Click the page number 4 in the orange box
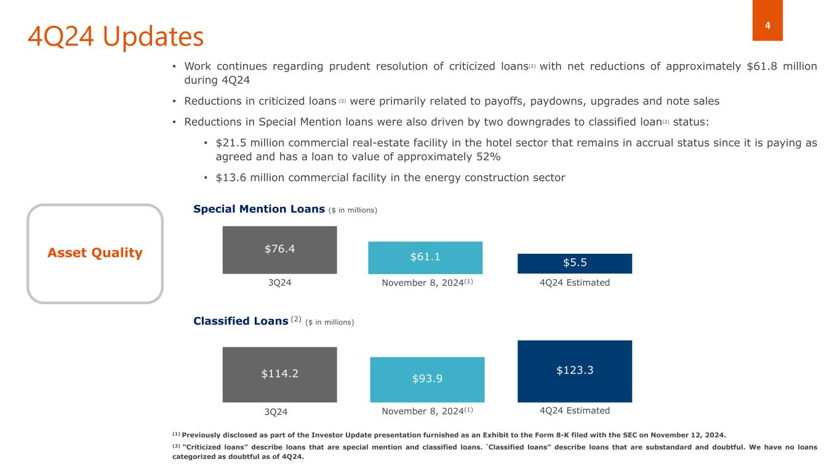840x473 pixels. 767,25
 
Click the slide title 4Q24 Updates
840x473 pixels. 116,37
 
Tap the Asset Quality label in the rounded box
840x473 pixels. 95,253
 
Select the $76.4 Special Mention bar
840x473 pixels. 279,249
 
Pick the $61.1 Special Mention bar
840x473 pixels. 425,257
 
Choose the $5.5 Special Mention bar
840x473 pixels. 574,263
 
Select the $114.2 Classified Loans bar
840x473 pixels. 279,374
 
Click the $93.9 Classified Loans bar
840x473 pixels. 427,379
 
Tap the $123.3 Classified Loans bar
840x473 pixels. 574,371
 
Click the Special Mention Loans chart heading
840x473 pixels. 258,209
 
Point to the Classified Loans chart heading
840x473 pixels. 241,321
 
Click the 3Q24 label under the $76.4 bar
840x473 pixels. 279,283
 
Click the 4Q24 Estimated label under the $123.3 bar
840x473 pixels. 574,410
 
